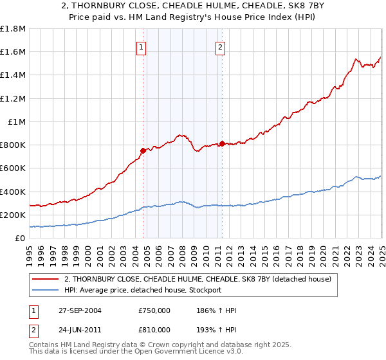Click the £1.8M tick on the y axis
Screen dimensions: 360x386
13,29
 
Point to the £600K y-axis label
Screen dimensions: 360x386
13,168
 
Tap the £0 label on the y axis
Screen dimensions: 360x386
20,238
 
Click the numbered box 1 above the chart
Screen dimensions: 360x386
141,46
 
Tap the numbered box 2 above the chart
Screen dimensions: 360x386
220,46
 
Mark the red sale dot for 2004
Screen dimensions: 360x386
143,150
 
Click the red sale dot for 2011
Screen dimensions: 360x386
222,143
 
